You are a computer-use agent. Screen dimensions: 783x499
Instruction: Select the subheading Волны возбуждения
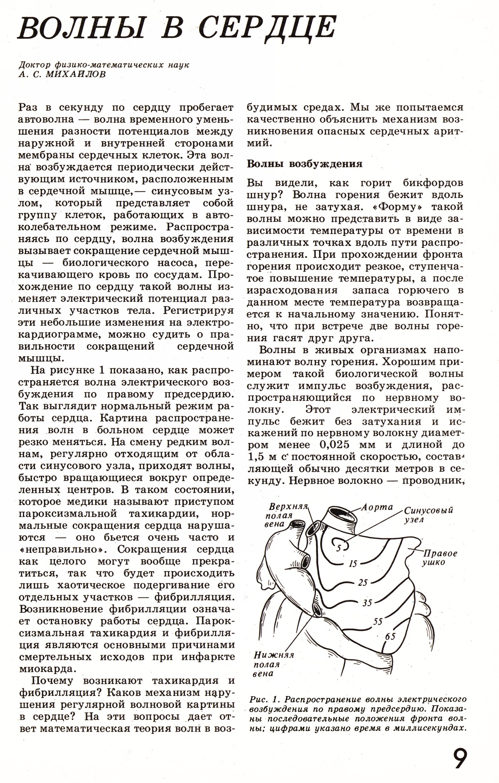[305, 164]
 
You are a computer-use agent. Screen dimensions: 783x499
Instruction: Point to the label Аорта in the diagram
[377, 507]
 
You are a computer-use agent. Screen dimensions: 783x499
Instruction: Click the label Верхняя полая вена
[287, 515]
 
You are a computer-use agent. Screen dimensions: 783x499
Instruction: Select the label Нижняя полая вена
[273, 664]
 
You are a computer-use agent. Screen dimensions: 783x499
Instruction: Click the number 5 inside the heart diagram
[339, 548]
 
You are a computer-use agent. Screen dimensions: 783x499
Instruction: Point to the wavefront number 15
[353, 564]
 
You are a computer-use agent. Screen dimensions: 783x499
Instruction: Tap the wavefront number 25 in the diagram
[363, 583]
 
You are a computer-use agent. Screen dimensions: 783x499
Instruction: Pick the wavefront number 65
[390, 636]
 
